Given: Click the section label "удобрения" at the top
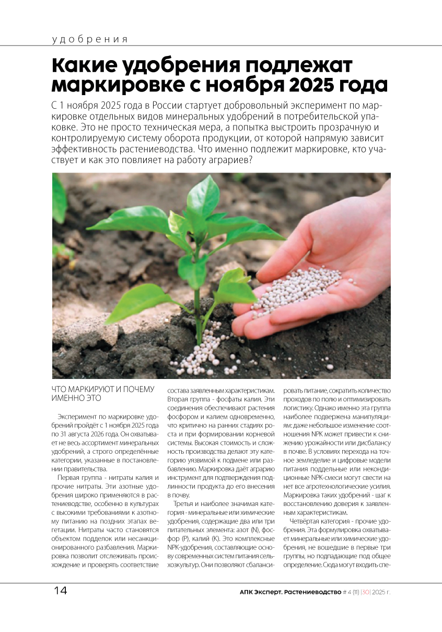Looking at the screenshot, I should [90, 39].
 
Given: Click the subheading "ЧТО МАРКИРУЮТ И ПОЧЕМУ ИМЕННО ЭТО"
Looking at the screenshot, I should [103, 394].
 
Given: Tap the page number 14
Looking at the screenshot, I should [60, 591].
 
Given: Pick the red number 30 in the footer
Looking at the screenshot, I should [366, 592].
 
